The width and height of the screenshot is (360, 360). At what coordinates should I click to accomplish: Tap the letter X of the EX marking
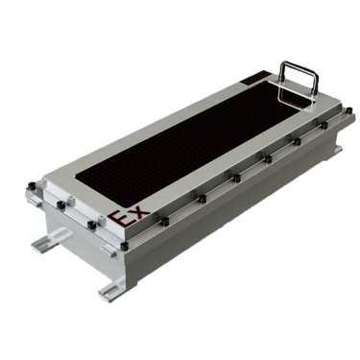pos(138,211)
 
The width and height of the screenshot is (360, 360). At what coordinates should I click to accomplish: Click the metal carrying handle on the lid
pos(298,83)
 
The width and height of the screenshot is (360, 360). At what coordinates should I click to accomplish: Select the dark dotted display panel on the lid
pos(190,140)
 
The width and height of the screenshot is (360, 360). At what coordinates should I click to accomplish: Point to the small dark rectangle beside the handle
pos(256,78)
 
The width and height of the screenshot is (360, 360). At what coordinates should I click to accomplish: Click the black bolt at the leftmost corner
pos(32,185)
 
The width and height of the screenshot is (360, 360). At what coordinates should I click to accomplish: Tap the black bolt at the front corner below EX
pos(125,246)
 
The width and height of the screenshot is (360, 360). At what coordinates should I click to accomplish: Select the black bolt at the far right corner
pos(349,110)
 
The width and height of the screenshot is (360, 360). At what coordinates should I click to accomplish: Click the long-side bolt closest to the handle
pos(325,125)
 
